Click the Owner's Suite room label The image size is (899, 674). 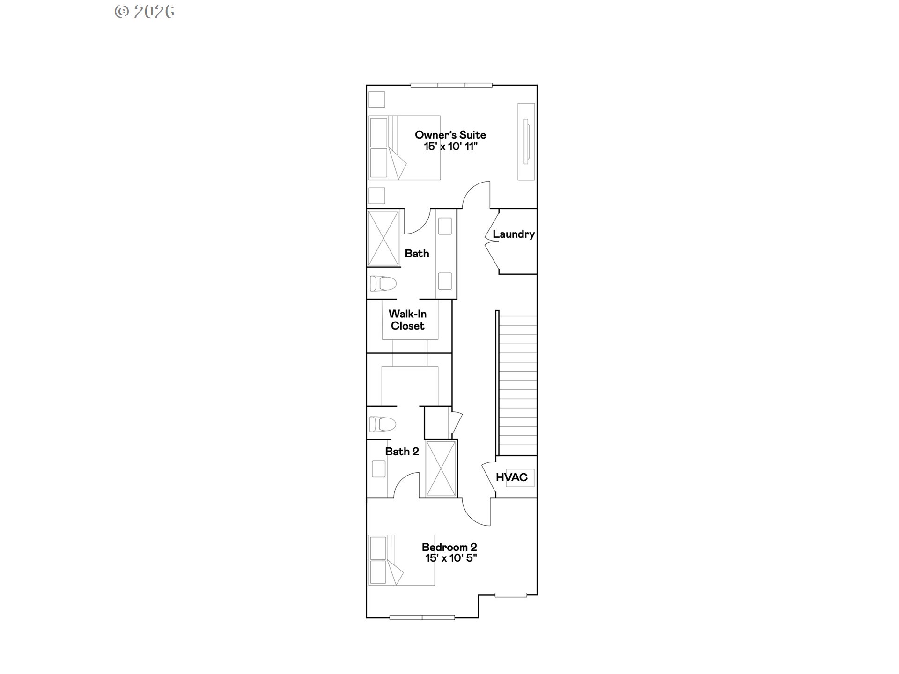point(450,135)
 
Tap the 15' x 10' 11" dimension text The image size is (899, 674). point(450,147)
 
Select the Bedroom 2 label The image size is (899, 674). point(449,547)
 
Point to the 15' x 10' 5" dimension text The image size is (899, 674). point(451,558)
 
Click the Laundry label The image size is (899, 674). point(514,234)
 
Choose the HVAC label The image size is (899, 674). point(512,477)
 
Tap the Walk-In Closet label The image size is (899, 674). point(408,320)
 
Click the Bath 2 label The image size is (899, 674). point(402,452)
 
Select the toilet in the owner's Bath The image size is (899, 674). point(383,283)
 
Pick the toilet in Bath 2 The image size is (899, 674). point(383,424)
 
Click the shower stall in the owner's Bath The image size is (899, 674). point(383,239)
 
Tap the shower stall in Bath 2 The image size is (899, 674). point(441,468)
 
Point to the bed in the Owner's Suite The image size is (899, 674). point(405,147)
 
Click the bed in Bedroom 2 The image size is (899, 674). point(402,560)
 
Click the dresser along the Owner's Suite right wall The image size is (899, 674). point(526,142)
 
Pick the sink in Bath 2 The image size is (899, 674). point(379,469)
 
